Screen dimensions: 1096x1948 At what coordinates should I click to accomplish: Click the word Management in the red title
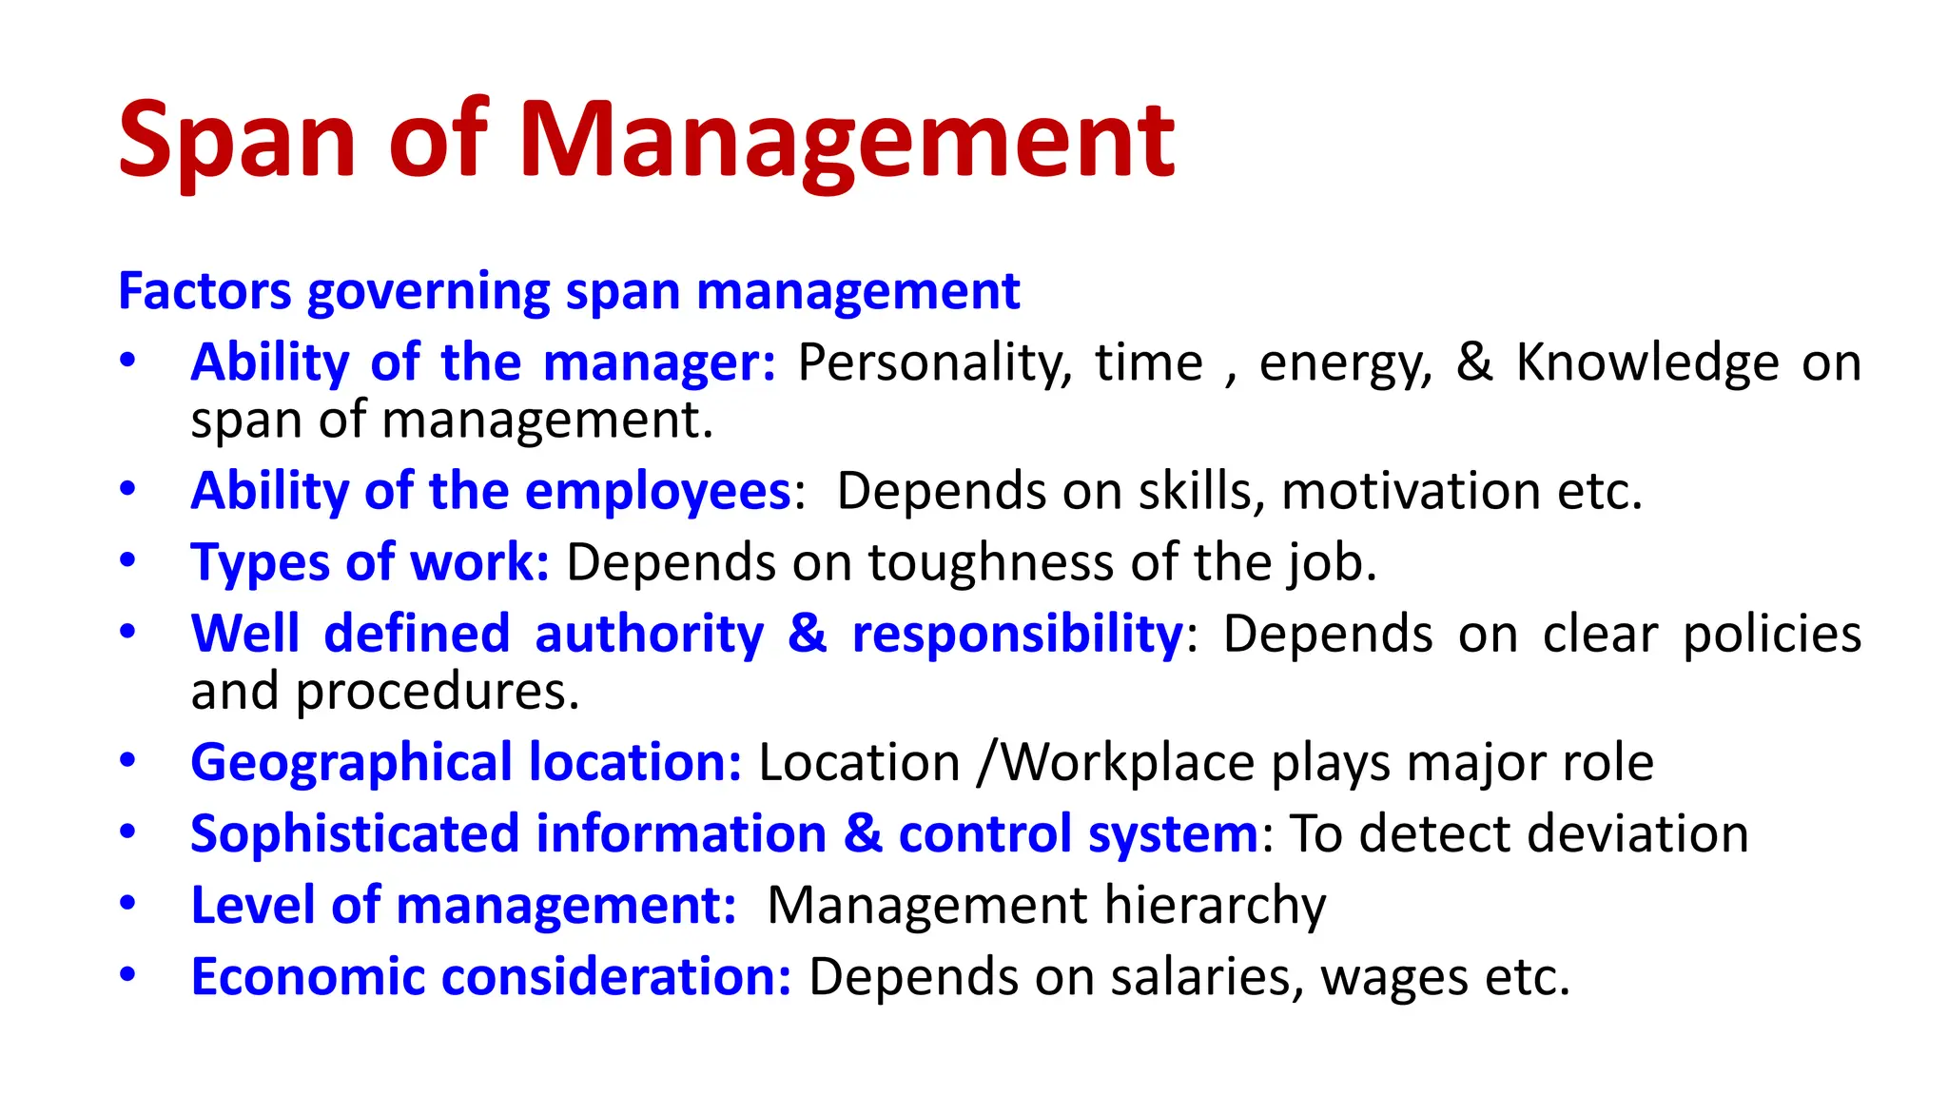pos(847,143)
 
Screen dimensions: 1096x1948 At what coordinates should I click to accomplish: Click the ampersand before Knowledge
pos(1474,363)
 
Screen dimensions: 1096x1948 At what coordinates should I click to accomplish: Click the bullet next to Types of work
pos(127,560)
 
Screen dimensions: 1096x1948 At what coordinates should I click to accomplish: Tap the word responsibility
pos(1017,635)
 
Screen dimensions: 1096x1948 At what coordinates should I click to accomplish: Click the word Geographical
pos(352,764)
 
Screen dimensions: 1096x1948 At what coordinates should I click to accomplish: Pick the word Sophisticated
pos(355,834)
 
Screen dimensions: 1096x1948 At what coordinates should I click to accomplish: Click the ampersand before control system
pos(863,834)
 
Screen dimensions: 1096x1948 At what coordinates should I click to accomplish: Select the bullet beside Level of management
pos(127,903)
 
